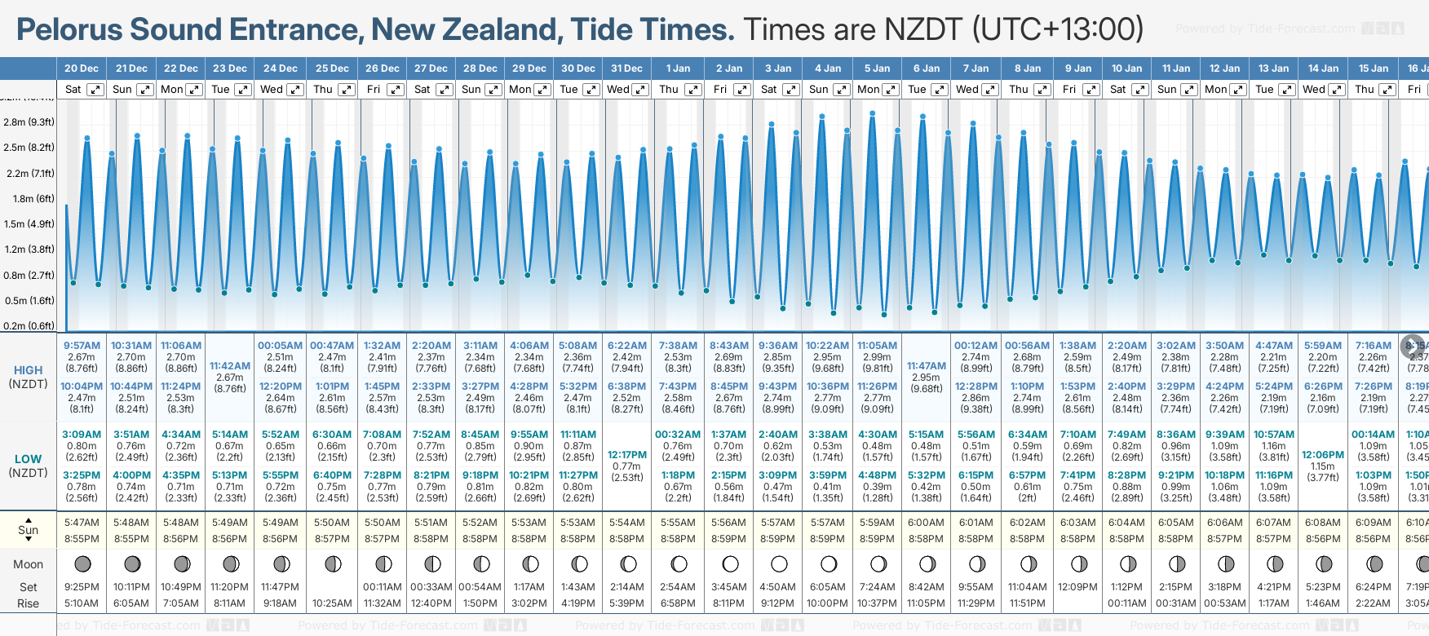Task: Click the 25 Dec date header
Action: pyautogui.click(x=332, y=68)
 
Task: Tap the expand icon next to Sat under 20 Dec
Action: pyautogui.click(x=95, y=90)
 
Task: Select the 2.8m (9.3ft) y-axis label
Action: pyautogui.click(x=29, y=122)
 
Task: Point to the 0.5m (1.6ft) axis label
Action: pyautogui.click(x=29, y=301)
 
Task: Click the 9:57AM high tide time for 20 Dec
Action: pyautogui.click(x=82, y=346)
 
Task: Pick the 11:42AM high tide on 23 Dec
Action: pyautogui.click(x=229, y=366)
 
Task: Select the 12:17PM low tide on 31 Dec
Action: pyautogui.click(x=627, y=455)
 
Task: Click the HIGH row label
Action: pyautogui.click(x=28, y=370)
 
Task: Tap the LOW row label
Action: pyautogui.click(x=28, y=459)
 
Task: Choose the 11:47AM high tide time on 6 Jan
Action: pyautogui.click(x=927, y=366)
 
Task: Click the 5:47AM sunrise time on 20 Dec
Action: pyautogui.click(x=82, y=523)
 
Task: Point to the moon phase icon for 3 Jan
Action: pyautogui.click(x=779, y=563)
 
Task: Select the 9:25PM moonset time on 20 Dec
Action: pyautogui.click(x=82, y=587)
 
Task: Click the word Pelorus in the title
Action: pyautogui.click(x=69, y=30)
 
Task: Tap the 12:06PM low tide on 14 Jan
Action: pyautogui.click(x=1323, y=455)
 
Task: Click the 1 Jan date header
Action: pyautogui.click(x=678, y=68)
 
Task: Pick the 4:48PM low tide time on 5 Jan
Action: pyautogui.click(x=877, y=475)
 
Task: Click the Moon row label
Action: pyautogui.click(x=28, y=564)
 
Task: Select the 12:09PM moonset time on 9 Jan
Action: pyautogui.click(x=1077, y=587)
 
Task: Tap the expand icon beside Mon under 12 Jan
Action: pyautogui.click(x=1237, y=90)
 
